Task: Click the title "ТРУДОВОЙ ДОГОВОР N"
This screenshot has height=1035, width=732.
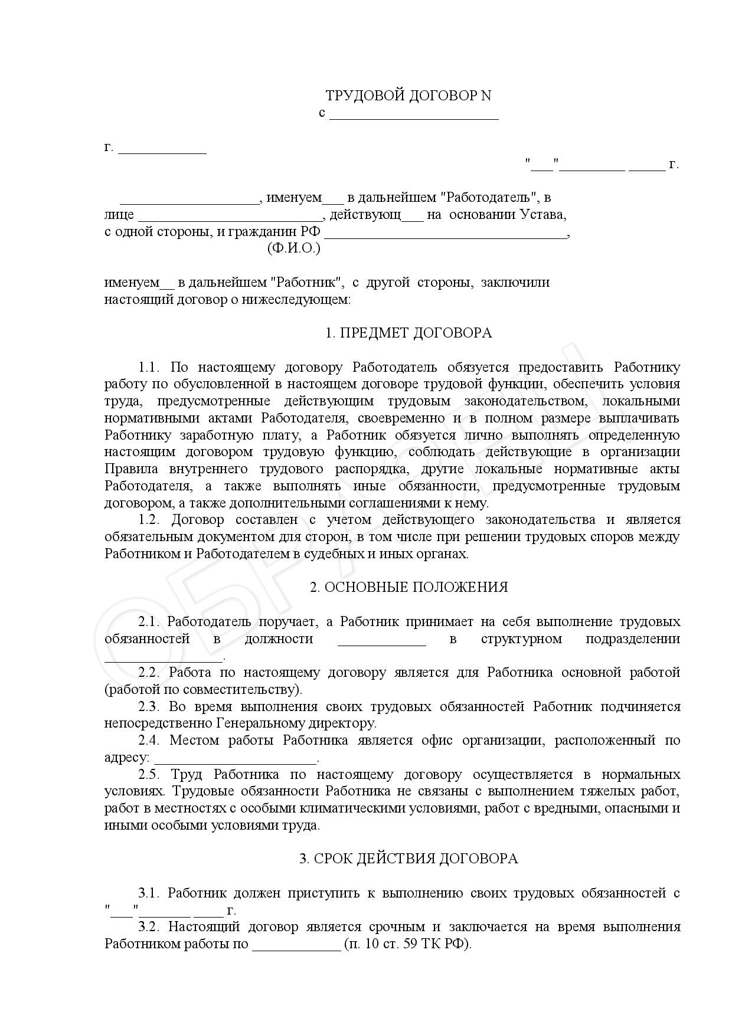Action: pyautogui.click(x=408, y=96)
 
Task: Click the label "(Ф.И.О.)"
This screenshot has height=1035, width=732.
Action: pyautogui.click(x=294, y=248)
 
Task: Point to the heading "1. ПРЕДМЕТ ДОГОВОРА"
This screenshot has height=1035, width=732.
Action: pyautogui.click(x=409, y=333)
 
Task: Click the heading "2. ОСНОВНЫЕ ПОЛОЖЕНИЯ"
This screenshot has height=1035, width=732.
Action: pyautogui.click(x=409, y=587)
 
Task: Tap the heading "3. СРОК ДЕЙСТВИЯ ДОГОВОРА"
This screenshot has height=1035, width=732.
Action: pyautogui.click(x=409, y=859)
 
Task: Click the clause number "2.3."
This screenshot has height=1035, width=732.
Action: pyautogui.click(x=149, y=706)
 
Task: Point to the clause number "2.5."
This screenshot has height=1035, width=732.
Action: pyautogui.click(x=149, y=774)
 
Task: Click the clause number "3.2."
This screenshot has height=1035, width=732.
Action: pyautogui.click(x=149, y=927)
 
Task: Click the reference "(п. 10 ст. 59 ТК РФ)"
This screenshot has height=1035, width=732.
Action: pyautogui.click(x=408, y=944)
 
